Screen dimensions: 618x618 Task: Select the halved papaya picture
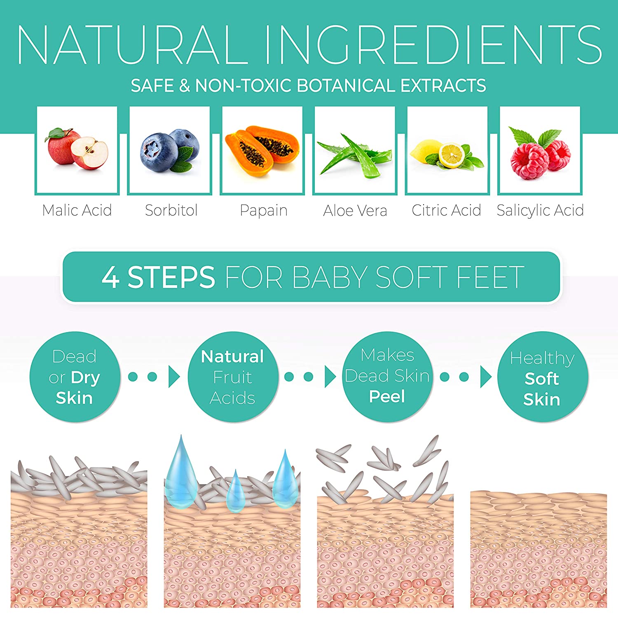coord(262,151)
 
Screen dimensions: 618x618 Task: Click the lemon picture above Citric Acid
coord(447,154)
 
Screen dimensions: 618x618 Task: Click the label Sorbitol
coord(171,210)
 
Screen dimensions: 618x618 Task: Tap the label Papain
coord(264,210)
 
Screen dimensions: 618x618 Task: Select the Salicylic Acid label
coord(540,211)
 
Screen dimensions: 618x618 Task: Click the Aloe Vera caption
coord(355,211)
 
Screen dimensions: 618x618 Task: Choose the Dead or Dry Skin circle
coord(75,377)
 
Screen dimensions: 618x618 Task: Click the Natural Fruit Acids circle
coord(233,377)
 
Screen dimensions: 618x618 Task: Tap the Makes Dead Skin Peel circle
coord(387,377)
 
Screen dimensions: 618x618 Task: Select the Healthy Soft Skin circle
coord(542,377)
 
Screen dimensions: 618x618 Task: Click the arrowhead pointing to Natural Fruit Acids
coord(174,377)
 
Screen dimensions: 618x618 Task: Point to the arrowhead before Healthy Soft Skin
coord(486,377)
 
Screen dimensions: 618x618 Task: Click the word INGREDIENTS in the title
coord(433,44)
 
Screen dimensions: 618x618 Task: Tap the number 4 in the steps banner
coord(111,276)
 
